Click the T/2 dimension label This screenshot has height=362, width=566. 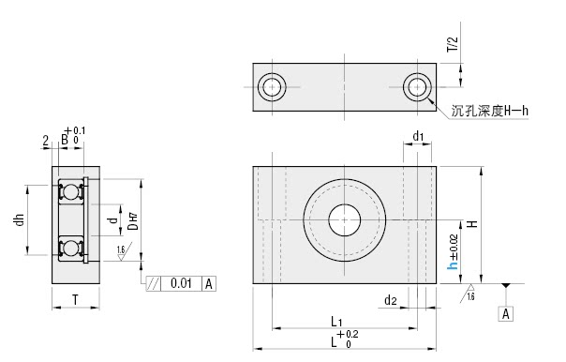click(x=453, y=44)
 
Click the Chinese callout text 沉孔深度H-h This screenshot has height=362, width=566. click(x=490, y=111)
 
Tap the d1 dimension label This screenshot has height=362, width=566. click(x=418, y=137)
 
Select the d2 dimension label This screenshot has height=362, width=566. click(x=391, y=300)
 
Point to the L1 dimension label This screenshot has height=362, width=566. click(x=336, y=321)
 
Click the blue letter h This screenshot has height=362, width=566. click(x=453, y=265)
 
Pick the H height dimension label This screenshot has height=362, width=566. click(x=472, y=224)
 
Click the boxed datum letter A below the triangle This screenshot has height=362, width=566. click(x=506, y=313)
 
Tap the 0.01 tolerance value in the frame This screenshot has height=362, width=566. click(x=181, y=283)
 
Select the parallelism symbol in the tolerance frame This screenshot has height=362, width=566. click(x=153, y=283)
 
